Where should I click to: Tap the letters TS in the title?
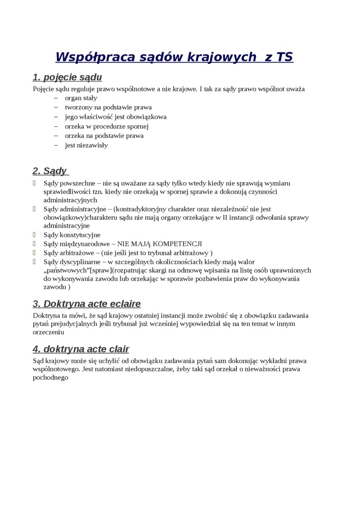284,57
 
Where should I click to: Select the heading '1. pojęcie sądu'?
67,77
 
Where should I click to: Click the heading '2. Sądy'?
50,171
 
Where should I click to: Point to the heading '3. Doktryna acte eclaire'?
87,304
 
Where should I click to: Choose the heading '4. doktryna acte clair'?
81,349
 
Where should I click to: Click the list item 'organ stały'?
81,98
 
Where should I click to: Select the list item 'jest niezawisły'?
86,145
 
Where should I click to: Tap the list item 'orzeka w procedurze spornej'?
107,126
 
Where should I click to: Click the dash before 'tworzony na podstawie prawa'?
56,107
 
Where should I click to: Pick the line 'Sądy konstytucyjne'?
72,235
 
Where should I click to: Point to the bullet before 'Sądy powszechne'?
35,183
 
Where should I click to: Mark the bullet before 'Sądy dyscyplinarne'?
35,261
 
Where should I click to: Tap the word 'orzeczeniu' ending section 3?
48,332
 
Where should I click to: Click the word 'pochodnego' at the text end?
51,378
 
